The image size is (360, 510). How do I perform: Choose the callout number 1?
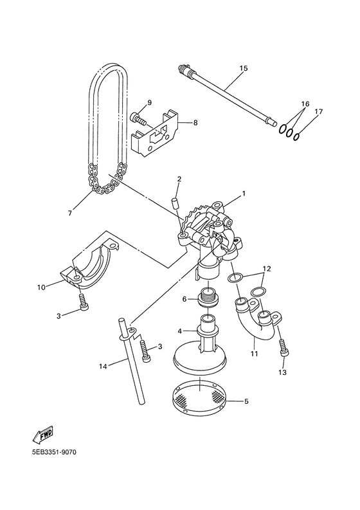pyautogui.click(x=244, y=193)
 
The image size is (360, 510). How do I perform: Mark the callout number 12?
pyautogui.click(x=267, y=268)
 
